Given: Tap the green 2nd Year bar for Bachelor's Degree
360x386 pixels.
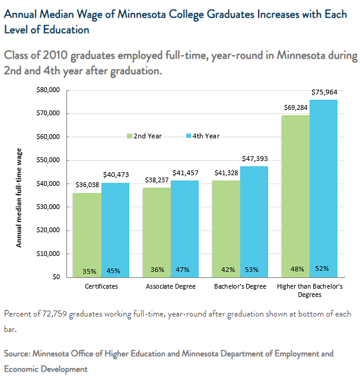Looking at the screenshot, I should (x=226, y=226).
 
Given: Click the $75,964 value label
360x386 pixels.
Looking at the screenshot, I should (x=324, y=93).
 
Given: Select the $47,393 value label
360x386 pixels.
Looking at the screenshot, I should (x=254, y=159).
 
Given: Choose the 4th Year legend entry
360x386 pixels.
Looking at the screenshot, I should (x=202, y=136).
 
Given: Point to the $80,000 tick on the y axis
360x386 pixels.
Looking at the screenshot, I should (x=49, y=90).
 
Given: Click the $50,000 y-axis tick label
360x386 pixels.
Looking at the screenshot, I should (x=49, y=160).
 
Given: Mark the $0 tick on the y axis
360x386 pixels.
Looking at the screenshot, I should (x=56, y=277).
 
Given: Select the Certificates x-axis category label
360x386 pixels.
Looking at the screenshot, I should (x=101, y=286).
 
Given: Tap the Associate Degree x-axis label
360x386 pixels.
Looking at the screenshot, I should (x=170, y=286).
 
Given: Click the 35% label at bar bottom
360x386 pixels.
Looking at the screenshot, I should (x=90, y=271).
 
